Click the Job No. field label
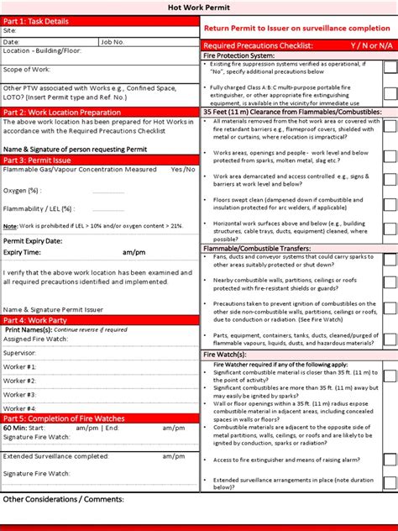click(113, 40)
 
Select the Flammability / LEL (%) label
click(39, 208)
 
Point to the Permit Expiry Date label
click(33, 240)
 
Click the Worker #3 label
click(19, 394)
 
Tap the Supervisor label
click(20, 353)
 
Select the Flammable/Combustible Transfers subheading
click(257, 249)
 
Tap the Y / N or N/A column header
click(362, 45)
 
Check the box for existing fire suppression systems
click(390, 69)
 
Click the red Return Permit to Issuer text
click(296, 28)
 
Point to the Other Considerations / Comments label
click(63, 499)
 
